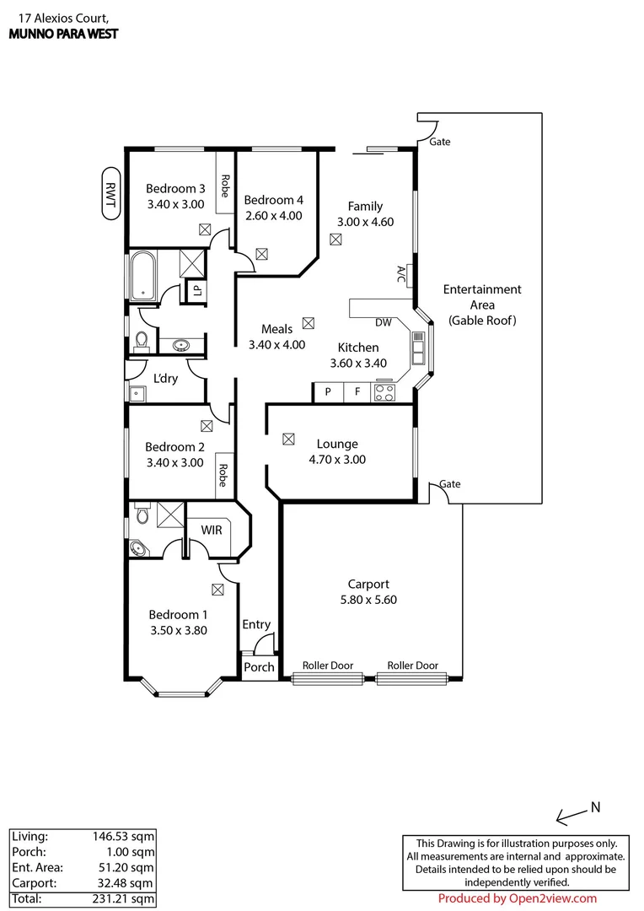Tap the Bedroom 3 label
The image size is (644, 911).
(x=175, y=188)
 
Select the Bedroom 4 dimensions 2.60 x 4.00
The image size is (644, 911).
(x=272, y=216)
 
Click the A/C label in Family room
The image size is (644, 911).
(x=401, y=274)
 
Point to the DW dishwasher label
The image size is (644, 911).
(x=384, y=322)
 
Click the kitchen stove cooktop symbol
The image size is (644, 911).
(x=384, y=392)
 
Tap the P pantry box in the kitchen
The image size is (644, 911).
(x=329, y=392)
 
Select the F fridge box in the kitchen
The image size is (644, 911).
(x=357, y=392)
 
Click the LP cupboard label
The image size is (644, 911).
(x=197, y=290)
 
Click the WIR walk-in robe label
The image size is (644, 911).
(x=211, y=529)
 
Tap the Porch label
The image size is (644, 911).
(x=259, y=666)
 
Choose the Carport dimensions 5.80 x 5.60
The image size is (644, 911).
(x=368, y=601)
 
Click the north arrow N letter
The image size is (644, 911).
(x=595, y=806)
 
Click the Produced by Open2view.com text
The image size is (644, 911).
(x=518, y=898)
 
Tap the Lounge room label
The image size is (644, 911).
(x=337, y=444)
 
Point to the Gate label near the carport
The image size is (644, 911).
(x=450, y=484)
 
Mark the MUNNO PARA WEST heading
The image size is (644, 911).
(x=63, y=34)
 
